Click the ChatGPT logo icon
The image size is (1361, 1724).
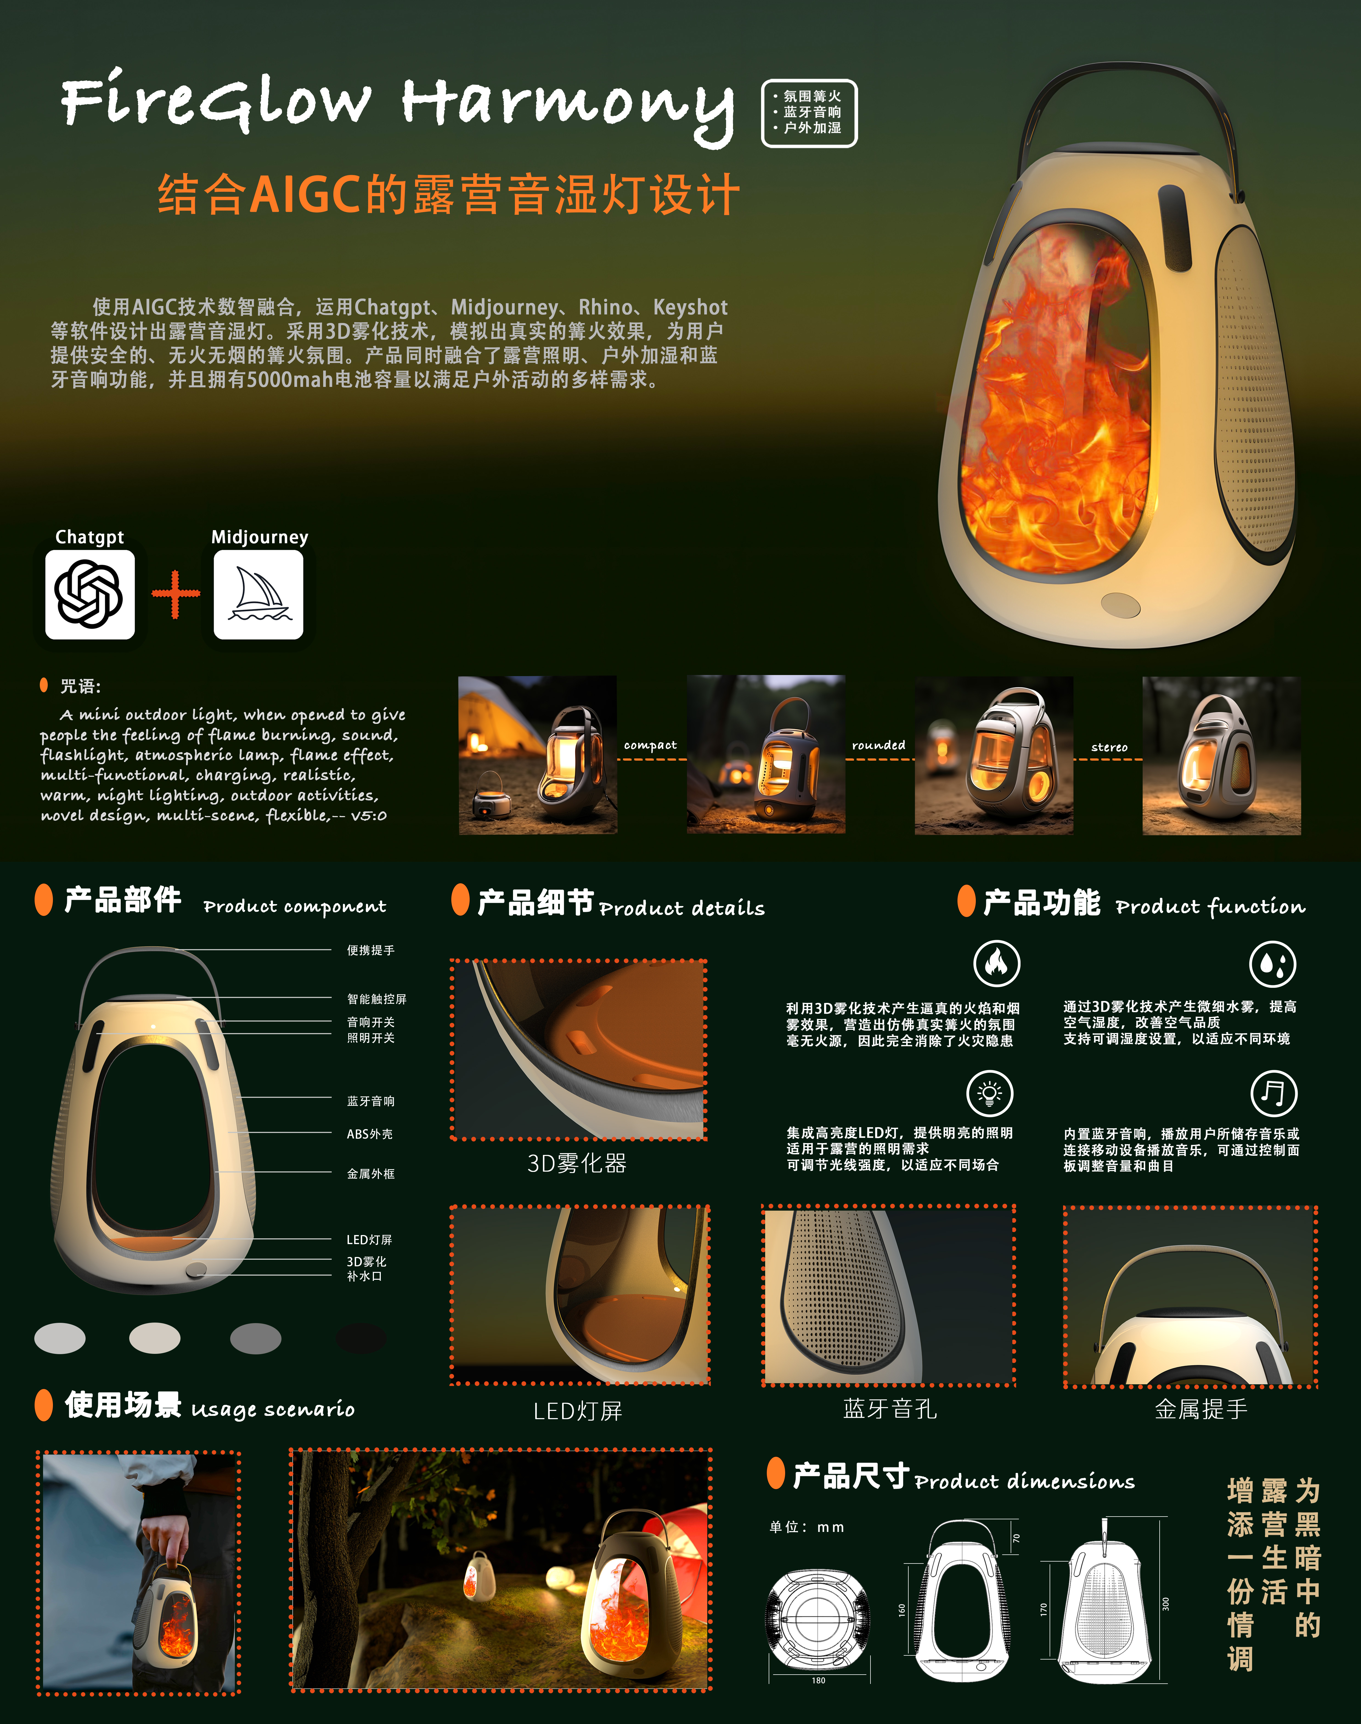[89, 595]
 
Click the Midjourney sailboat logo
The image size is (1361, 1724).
[258, 595]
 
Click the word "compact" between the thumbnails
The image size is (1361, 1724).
[650, 745]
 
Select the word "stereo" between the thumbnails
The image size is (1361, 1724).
[1109, 747]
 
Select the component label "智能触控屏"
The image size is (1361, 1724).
[376, 999]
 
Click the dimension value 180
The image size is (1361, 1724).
[818, 1680]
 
